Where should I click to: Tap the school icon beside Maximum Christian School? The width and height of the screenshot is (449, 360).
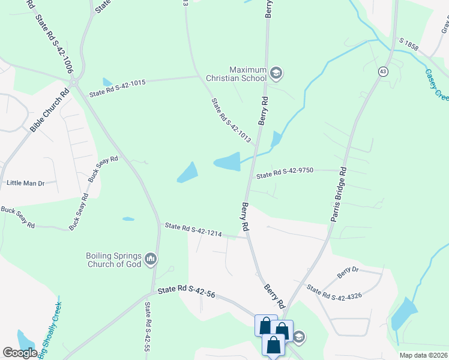coord(276,74)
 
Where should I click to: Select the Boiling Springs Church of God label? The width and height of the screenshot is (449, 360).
coord(113,259)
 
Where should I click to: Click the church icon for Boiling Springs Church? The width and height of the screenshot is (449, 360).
coord(150,259)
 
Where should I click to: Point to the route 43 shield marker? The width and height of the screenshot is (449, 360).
coord(382,71)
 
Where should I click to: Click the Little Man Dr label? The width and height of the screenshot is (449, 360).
coord(25,182)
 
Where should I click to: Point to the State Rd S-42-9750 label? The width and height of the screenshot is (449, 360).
coord(286,173)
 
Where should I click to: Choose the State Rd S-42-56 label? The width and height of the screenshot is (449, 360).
coord(186,293)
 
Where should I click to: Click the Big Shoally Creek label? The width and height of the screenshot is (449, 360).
coord(50,330)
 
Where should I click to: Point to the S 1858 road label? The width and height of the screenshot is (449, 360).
coord(411,44)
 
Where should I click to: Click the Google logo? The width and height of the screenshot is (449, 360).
coord(20,353)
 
